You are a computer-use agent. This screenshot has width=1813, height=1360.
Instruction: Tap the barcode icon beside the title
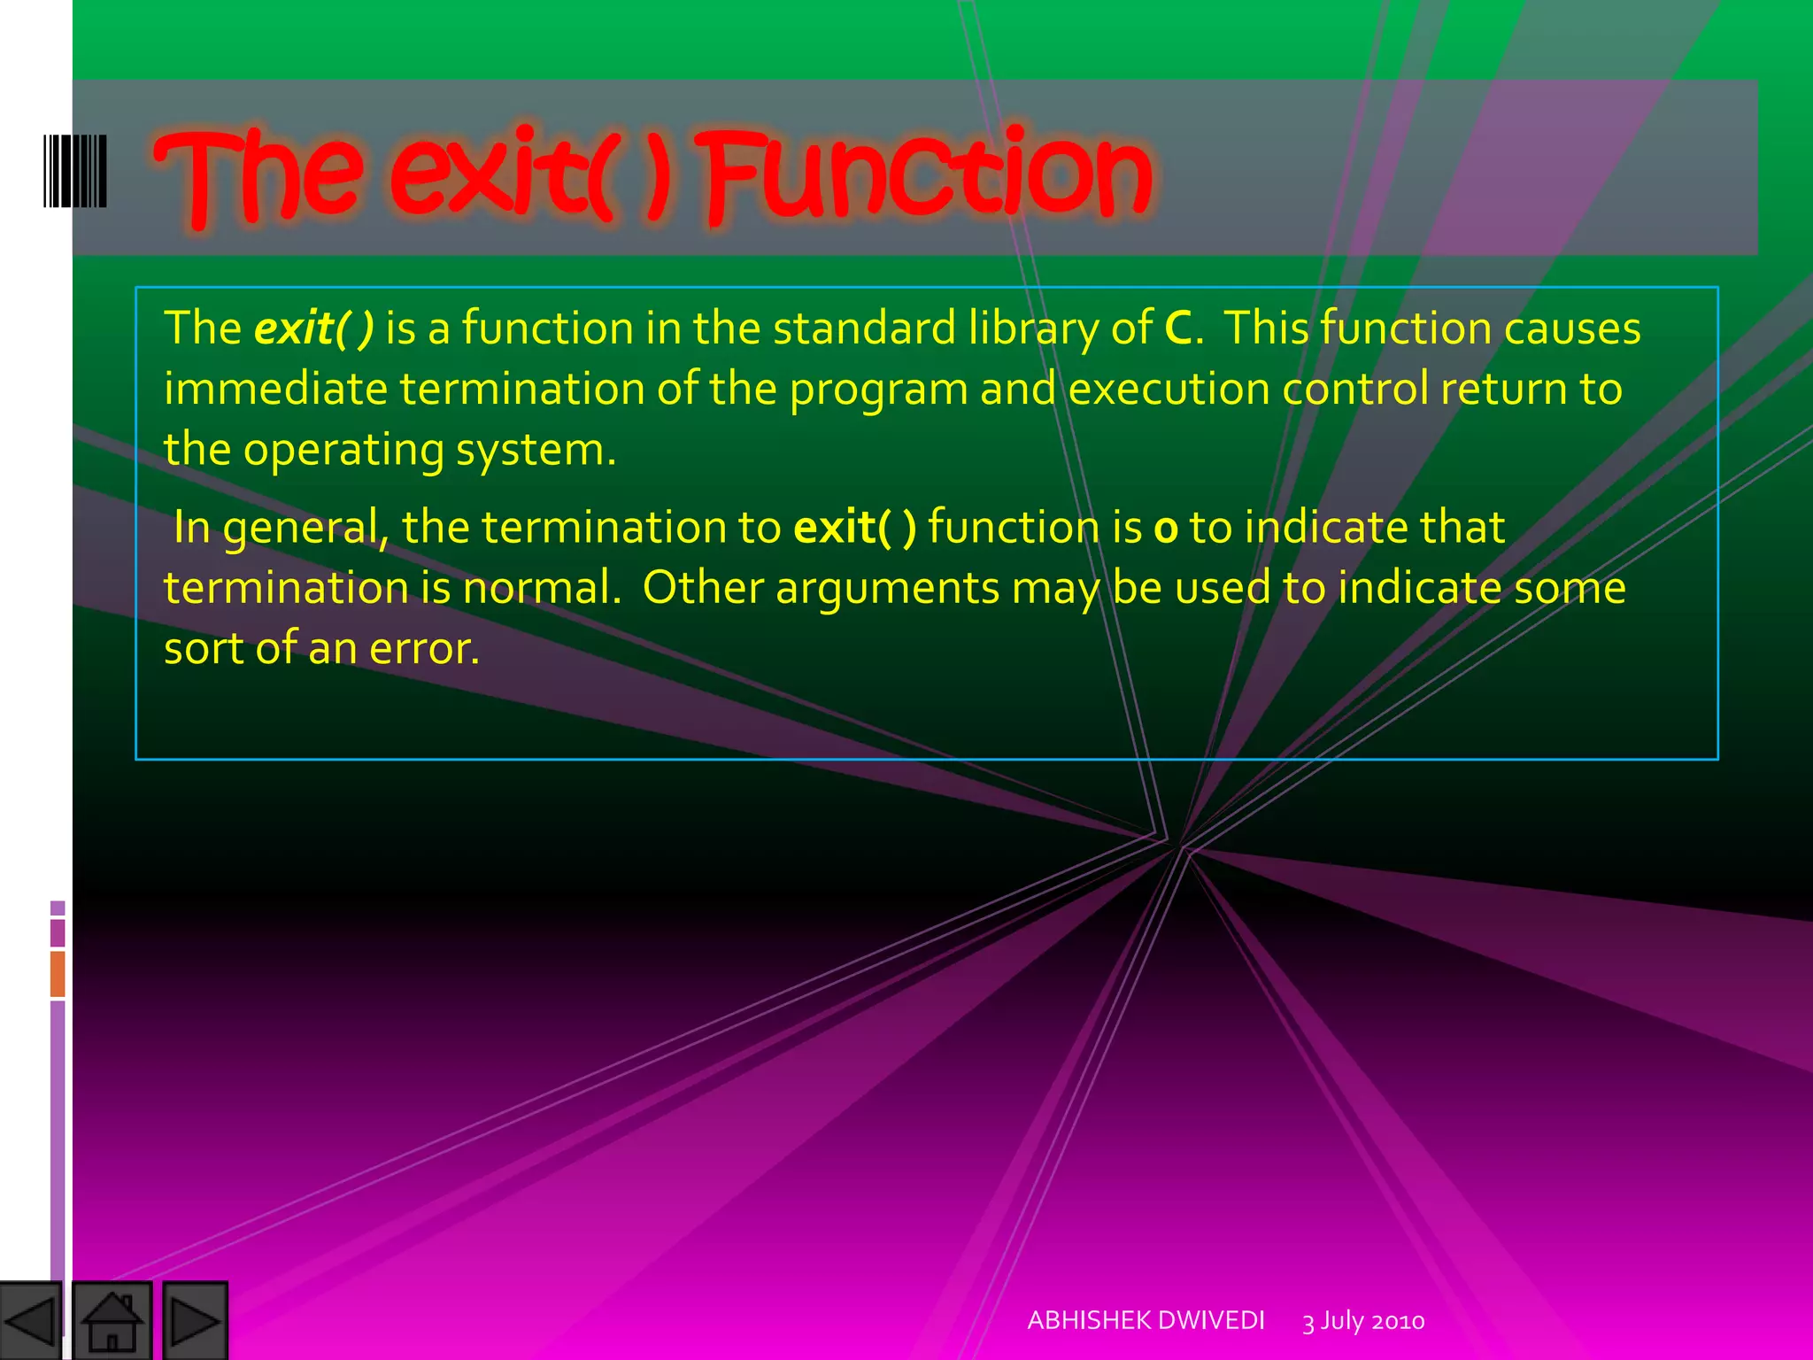75,171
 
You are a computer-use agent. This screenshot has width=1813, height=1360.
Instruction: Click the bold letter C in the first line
1178,328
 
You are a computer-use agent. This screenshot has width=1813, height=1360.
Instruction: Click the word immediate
275,390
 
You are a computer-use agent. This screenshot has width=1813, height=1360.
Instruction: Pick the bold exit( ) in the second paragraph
854,528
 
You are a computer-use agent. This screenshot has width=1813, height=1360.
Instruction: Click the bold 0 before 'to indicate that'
1166,529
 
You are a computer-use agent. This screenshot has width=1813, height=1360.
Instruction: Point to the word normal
541,588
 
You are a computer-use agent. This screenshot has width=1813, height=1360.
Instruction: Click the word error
424,649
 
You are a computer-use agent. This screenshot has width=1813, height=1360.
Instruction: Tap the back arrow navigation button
30,1320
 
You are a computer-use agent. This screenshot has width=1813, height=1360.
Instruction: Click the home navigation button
112,1320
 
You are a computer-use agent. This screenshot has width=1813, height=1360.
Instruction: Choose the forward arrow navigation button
196,1320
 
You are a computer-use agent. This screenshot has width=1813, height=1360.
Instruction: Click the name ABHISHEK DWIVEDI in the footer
1146,1320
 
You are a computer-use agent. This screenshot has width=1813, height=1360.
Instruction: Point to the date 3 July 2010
1363,1321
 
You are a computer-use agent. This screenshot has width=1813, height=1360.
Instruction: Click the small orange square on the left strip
58,973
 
